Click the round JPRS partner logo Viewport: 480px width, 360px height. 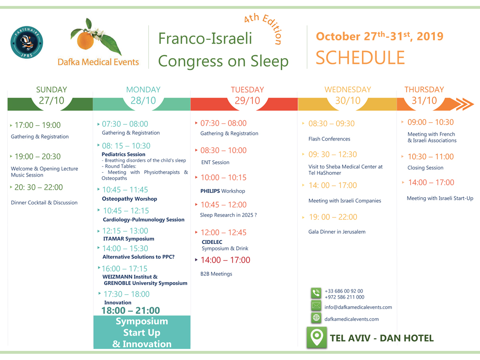point(26,42)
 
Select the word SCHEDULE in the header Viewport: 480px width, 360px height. point(360,58)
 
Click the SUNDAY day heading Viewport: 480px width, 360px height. point(51,89)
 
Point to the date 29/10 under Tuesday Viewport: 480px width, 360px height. point(247,100)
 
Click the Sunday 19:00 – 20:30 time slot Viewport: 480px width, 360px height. point(37,156)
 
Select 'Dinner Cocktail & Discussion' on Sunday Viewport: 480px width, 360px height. point(44,203)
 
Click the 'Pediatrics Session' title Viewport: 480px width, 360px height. point(123,154)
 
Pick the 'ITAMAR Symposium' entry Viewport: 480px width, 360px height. point(129,239)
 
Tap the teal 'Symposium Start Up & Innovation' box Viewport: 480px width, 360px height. point(142,332)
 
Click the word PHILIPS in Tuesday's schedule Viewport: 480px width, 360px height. point(210,191)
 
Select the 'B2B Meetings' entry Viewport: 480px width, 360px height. point(216,274)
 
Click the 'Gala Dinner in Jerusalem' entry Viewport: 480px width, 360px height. point(337,232)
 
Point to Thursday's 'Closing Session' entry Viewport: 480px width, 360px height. point(425,168)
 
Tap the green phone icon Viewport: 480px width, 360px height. point(316,293)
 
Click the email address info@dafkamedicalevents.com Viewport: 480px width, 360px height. point(358,307)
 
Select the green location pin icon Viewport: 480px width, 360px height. point(316,337)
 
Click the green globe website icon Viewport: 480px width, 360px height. point(316,318)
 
